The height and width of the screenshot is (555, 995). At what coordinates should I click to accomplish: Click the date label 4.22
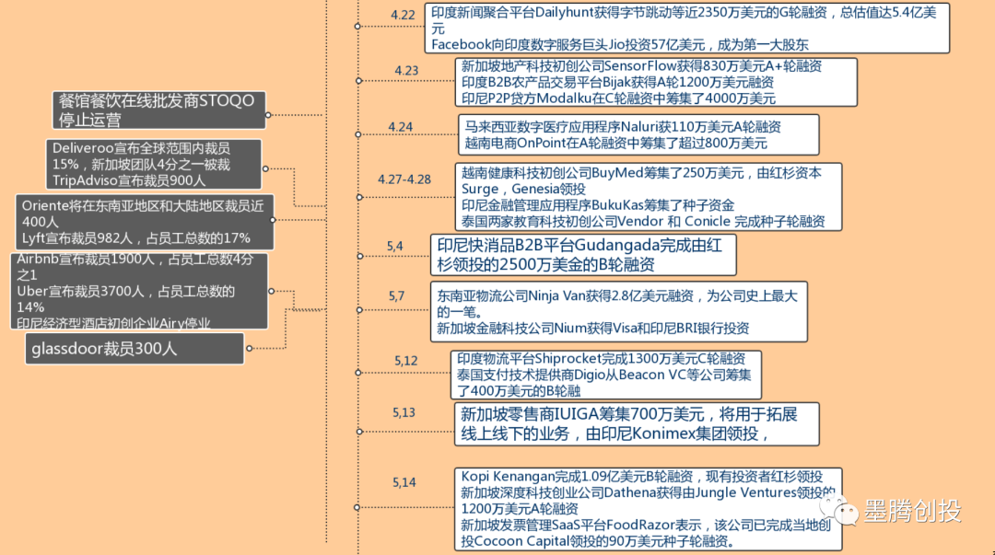[403, 16]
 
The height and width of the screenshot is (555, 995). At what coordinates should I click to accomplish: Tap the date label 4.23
[407, 70]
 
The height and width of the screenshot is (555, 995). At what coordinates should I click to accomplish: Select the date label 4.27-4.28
[404, 179]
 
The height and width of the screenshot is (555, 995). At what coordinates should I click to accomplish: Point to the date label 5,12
[406, 361]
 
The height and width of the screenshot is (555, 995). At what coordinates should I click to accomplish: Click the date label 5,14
[404, 482]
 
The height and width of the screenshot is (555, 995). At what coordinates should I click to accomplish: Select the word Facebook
[462, 44]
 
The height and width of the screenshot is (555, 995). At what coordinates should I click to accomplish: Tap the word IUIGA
[577, 415]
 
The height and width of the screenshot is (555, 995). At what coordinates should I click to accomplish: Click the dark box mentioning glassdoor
[135, 349]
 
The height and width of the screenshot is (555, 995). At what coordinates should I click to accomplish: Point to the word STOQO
[227, 101]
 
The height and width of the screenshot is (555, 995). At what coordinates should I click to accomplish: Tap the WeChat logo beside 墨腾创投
[838, 509]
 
